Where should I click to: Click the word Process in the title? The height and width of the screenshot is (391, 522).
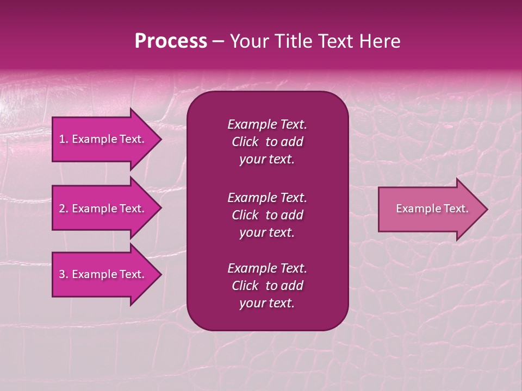[171, 41]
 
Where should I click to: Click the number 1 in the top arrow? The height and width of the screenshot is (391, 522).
[61, 139]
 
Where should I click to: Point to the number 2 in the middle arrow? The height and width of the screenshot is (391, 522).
[61, 209]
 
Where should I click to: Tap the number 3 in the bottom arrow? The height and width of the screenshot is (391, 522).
[61, 274]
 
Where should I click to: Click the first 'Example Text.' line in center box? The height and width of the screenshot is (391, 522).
[267, 124]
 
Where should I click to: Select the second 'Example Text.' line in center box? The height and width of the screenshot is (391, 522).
[267, 198]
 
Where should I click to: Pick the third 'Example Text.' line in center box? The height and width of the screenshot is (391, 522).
[267, 268]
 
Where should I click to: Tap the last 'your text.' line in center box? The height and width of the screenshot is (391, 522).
[267, 304]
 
